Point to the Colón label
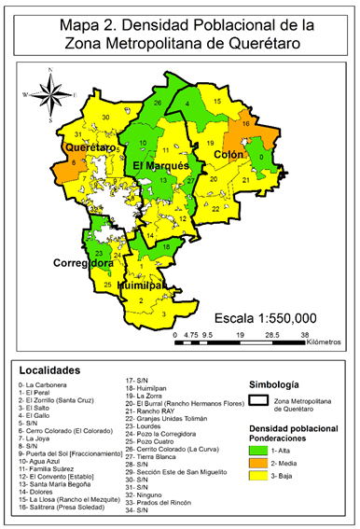click(x=228, y=153)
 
